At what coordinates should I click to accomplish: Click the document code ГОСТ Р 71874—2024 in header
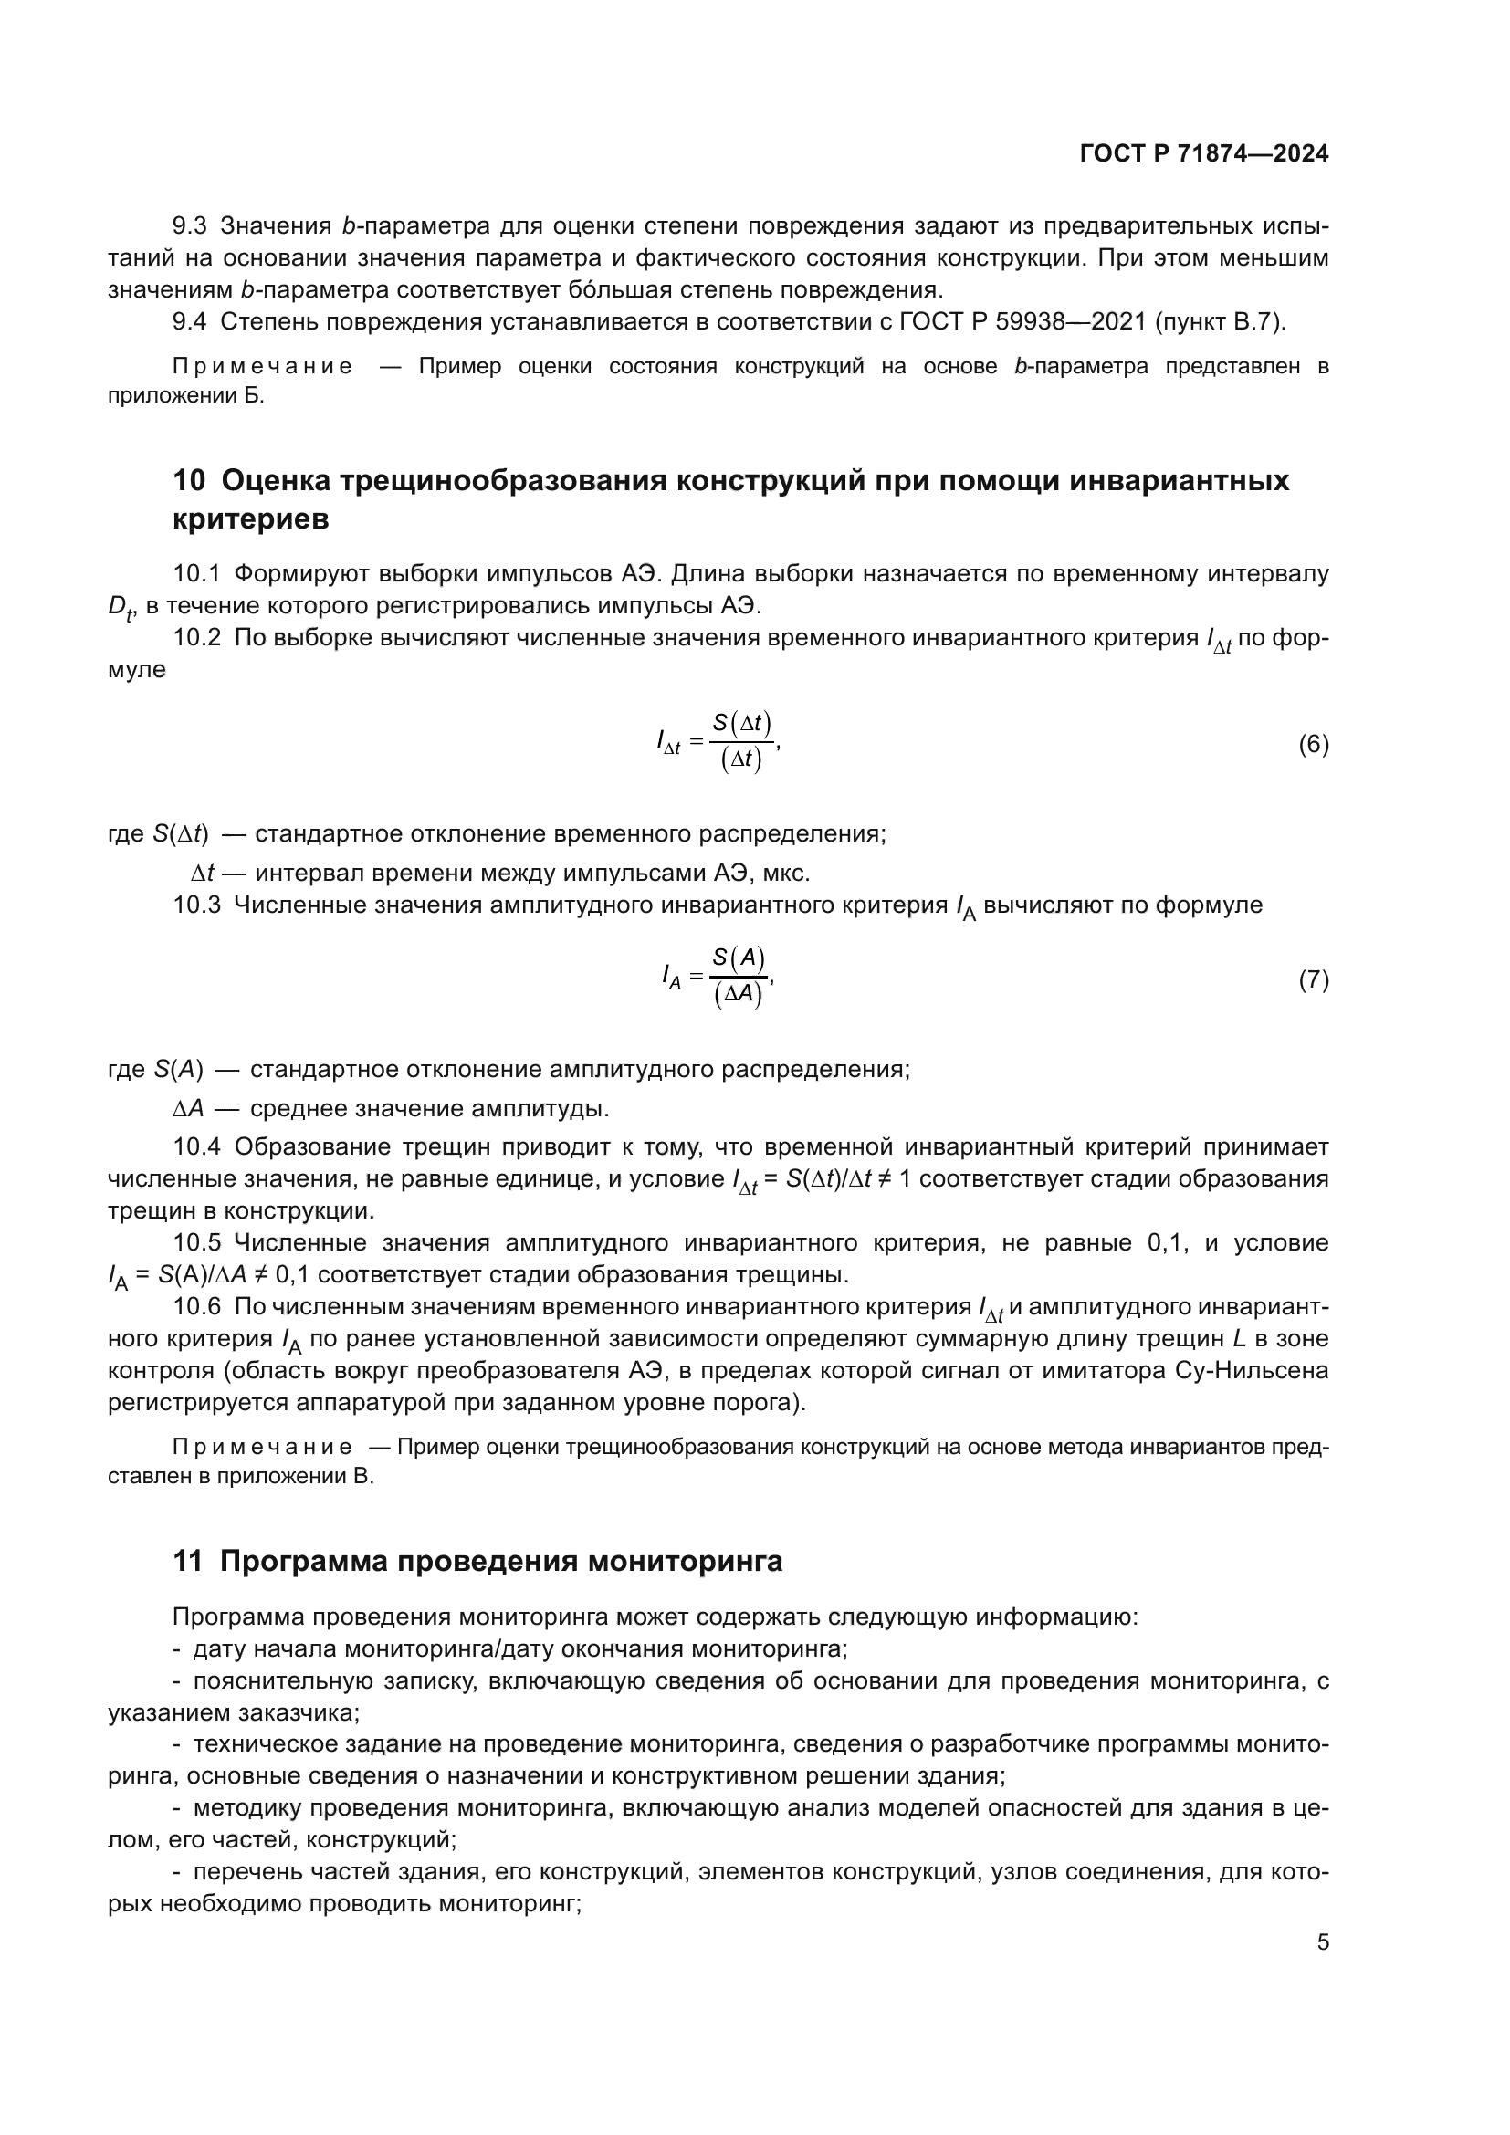point(1204,153)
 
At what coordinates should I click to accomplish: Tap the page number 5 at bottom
point(1322,1942)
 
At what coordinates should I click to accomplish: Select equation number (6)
point(1313,744)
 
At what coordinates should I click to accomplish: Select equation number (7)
point(1313,979)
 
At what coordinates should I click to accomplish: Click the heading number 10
point(189,481)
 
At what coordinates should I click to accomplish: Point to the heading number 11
point(188,1561)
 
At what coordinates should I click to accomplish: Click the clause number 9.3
point(190,226)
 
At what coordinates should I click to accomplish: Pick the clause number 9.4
point(190,321)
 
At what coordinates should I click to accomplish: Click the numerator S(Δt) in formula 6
point(741,723)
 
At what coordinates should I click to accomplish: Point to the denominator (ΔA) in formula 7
point(739,995)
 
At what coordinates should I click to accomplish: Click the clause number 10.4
point(196,1147)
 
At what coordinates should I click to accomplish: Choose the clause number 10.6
point(196,1306)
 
